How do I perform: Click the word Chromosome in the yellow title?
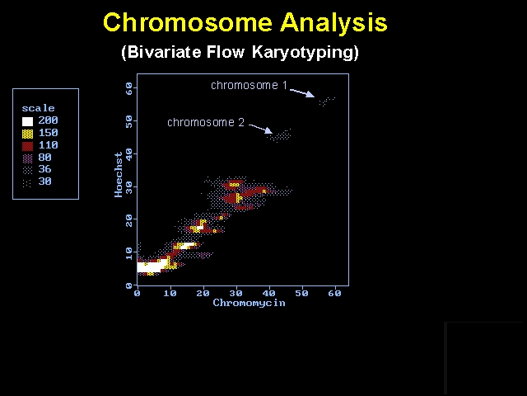(188, 22)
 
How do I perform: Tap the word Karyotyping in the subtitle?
(305, 53)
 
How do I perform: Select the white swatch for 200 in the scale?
(27, 121)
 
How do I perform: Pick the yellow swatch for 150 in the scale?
(27, 134)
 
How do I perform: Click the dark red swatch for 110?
(27, 146)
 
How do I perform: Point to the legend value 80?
(44, 158)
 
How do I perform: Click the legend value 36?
(44, 169)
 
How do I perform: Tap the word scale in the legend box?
(38, 108)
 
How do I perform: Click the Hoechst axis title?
(119, 174)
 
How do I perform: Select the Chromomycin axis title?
(249, 303)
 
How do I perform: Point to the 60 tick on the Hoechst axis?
(129, 89)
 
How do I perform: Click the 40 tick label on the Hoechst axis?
(129, 154)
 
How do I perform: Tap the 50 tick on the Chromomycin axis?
(302, 294)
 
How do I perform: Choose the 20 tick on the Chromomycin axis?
(203, 294)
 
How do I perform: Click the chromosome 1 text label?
(249, 85)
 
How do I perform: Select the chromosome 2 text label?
(206, 122)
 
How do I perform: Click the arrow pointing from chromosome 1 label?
(302, 93)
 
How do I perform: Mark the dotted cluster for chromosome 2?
(279, 135)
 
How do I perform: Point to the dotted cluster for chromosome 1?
(327, 101)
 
